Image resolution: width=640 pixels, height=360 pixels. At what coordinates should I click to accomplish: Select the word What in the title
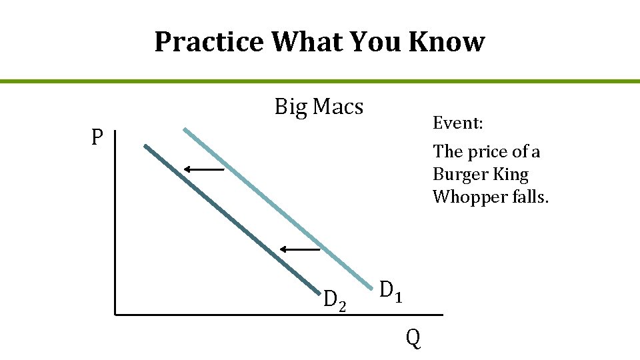coord(306,42)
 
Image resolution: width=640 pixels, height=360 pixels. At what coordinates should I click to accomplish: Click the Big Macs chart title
coord(319,107)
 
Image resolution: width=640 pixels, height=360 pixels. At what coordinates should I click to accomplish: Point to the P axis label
coord(97,138)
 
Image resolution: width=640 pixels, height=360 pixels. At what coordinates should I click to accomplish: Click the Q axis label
coord(413,339)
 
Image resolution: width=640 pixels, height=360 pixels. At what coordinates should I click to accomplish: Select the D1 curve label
coord(391,291)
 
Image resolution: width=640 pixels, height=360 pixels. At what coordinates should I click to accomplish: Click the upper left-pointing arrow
coord(204,170)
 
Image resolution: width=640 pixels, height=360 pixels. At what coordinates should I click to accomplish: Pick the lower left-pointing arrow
coord(300,249)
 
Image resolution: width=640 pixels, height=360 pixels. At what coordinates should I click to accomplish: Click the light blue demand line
coord(267,200)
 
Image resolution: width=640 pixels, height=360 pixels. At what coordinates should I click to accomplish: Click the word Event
coord(457,123)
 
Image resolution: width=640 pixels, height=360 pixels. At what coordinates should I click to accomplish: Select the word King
coord(513,175)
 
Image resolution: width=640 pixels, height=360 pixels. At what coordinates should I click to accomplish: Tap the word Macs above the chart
coord(338,107)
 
